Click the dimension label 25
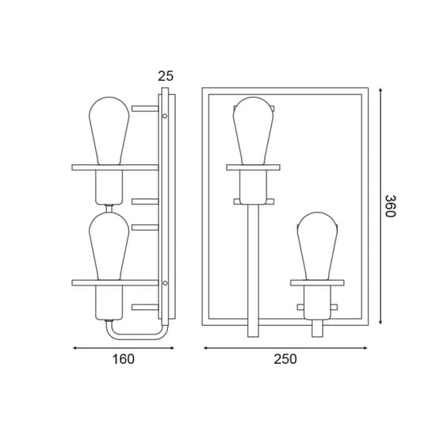[166, 76]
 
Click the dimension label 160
[124, 359]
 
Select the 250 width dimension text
[285, 359]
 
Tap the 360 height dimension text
[390, 206]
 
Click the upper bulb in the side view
[109, 131]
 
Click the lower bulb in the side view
[109, 246]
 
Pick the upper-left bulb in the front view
[254, 131]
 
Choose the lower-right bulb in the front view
[317, 246]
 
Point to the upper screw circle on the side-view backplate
[165, 116]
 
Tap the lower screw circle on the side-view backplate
[165, 283]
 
